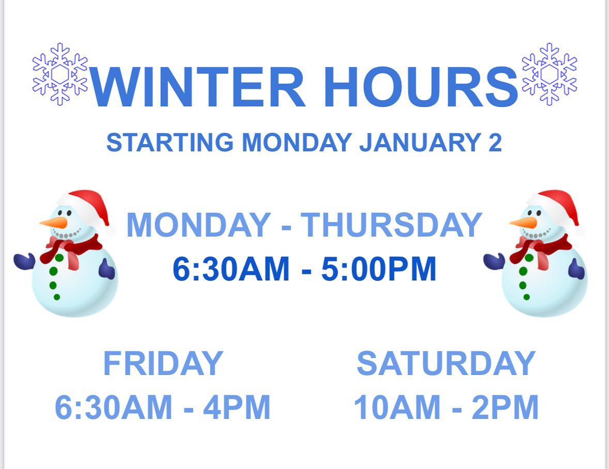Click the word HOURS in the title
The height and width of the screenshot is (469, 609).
[x=421, y=86]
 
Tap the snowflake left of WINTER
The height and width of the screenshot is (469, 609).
[x=60, y=74]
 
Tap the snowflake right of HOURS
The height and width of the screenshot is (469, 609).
[x=549, y=74]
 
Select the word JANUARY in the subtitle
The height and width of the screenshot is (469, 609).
[x=421, y=143]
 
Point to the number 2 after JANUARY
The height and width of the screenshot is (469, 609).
[x=495, y=143]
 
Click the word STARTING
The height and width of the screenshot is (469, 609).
[x=170, y=143]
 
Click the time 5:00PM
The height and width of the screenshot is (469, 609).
[x=379, y=269]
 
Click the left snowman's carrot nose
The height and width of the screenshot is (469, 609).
[x=54, y=223]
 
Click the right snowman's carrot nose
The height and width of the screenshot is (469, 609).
[x=524, y=223]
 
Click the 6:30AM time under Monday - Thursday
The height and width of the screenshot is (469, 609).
[x=231, y=269]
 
